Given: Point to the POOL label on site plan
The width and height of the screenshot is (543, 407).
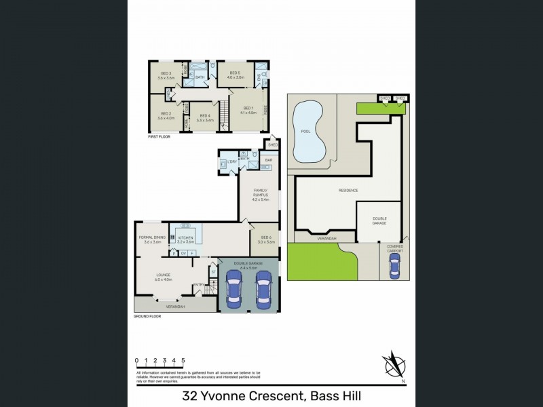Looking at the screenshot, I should [x=305, y=132].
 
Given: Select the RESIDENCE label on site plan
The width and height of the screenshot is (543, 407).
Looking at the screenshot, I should [x=348, y=191].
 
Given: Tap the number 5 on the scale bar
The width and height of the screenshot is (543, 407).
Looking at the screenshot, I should [x=184, y=360].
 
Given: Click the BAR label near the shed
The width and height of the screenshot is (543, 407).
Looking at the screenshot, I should [x=268, y=160].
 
